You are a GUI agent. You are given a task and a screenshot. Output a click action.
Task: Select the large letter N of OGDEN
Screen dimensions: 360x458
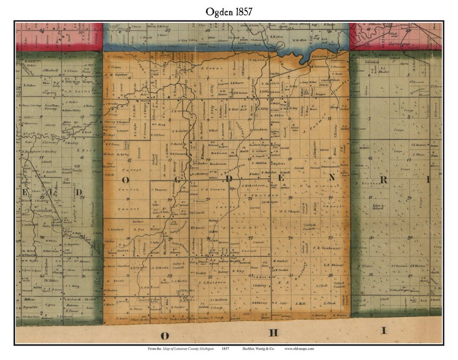(x=332, y=179)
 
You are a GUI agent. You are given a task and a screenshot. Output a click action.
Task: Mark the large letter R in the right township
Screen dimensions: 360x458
(x=383, y=180)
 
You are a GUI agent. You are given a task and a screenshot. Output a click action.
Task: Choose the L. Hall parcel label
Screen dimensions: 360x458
(x=301, y=304)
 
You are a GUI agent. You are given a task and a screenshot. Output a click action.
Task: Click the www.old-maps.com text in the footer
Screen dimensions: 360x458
(x=299, y=349)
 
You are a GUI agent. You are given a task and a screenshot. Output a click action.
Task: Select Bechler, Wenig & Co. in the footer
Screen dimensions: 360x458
(x=257, y=349)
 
